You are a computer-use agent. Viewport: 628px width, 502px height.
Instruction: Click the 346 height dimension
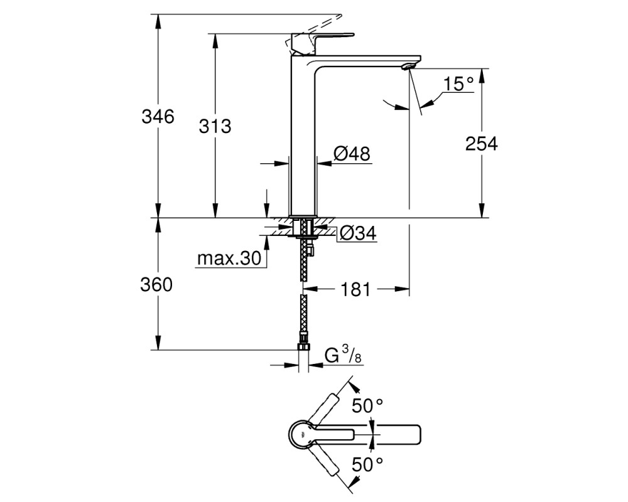click(158, 117)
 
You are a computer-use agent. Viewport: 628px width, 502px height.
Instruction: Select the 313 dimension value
click(215, 127)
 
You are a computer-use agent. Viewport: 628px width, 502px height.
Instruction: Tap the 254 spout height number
click(481, 143)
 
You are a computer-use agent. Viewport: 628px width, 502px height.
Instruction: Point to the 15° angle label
click(458, 84)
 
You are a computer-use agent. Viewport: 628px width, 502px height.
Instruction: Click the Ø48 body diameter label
click(352, 153)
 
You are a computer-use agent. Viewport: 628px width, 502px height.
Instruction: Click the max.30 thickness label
click(229, 259)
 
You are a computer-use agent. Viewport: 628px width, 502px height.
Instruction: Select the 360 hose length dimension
click(156, 285)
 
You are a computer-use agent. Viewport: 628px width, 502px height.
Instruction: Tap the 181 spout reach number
click(355, 289)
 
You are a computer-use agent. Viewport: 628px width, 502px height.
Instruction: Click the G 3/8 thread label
click(343, 355)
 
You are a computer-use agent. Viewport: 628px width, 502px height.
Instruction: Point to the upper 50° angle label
click(367, 406)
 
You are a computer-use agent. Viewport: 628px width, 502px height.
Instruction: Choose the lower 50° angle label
click(367, 464)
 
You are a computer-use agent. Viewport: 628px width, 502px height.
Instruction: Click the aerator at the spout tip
click(409, 66)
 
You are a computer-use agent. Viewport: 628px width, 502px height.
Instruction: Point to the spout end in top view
click(417, 434)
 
